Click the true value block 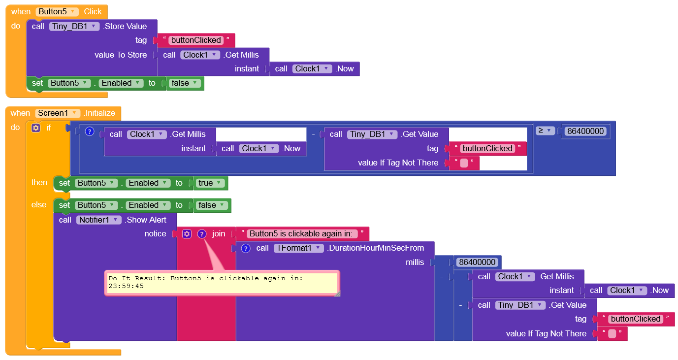210,183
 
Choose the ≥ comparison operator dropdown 545,131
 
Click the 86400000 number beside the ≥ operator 586,131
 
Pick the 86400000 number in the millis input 477,262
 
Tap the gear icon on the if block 35,128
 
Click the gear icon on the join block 187,234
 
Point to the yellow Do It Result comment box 222,283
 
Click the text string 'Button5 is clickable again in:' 303,233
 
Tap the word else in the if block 39,205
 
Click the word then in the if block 39,183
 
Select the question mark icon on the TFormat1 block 246,248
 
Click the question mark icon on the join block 201,234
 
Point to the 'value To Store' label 121,55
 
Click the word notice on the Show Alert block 155,233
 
